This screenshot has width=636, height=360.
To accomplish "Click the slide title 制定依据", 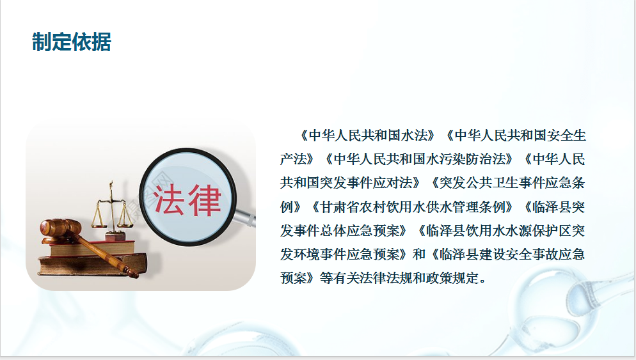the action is click(72, 42).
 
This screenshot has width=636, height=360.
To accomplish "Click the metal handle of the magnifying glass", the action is click(246, 219).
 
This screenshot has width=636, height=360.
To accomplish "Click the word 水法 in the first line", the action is click(414, 136).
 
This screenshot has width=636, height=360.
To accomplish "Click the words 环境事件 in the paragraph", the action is click(320, 254).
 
